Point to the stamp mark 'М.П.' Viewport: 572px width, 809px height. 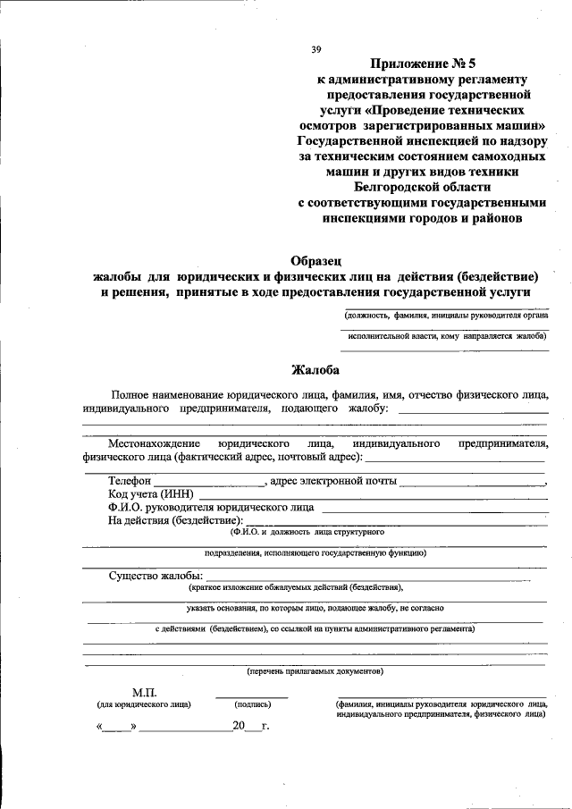144,693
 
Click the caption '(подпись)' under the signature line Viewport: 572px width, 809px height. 252,705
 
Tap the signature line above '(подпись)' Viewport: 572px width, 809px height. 252,696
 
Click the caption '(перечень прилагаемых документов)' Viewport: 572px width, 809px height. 315,670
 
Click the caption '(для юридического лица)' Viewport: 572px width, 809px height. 144,705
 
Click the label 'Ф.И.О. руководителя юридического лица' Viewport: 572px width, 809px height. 211,507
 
